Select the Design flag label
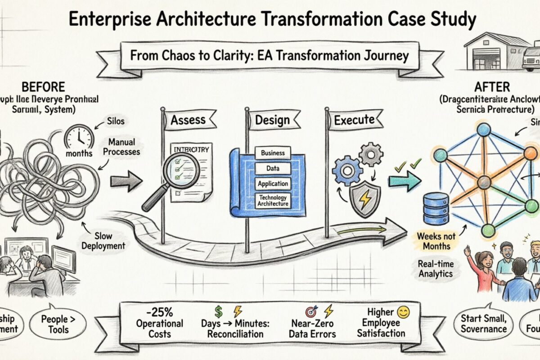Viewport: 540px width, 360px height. tap(270, 120)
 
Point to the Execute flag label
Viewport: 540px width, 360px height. tap(354, 120)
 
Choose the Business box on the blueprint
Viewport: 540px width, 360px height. tap(273, 153)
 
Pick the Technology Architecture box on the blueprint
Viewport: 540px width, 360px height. tap(273, 201)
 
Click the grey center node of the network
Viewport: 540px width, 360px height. tap(484, 182)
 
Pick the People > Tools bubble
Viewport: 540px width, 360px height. tap(57, 324)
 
